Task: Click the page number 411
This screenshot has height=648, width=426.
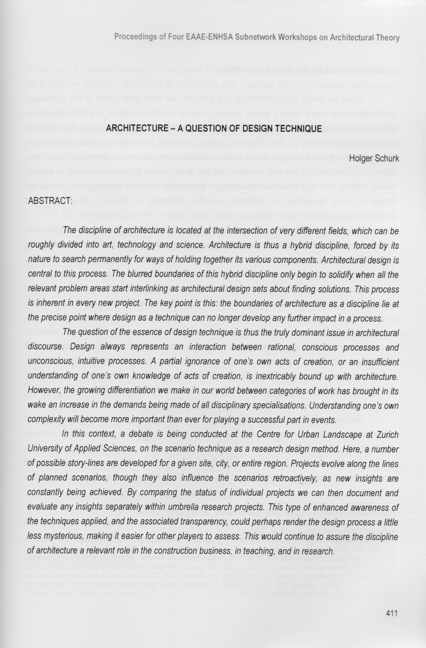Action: [392, 614]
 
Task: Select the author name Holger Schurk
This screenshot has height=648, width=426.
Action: [374, 159]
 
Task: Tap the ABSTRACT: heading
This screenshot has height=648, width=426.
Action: [50, 201]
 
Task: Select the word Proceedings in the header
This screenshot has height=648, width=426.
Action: [135, 38]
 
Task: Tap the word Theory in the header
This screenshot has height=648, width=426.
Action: [387, 38]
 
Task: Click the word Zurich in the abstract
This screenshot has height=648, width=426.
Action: [386, 435]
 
